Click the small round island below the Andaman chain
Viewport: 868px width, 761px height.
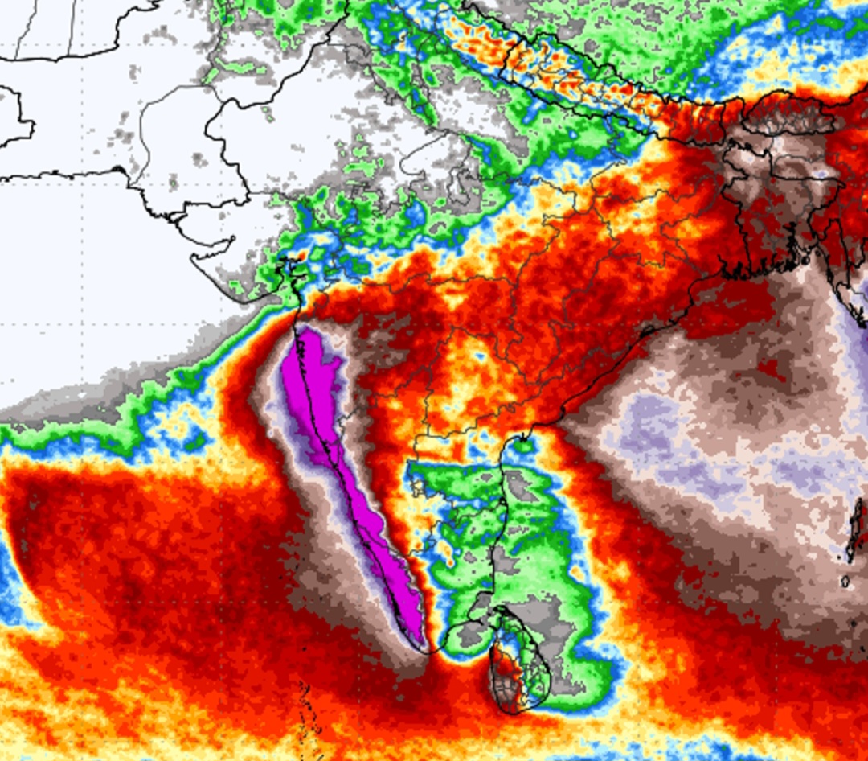click(845, 581)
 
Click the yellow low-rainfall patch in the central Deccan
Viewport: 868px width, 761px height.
click(466, 370)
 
